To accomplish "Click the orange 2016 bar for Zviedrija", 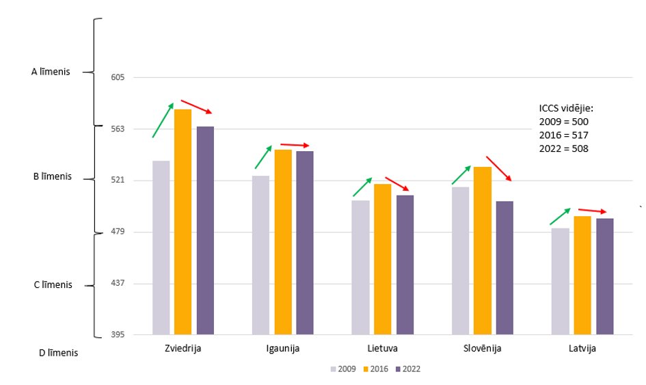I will coord(183,222).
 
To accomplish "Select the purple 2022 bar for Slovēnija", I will coord(504,268).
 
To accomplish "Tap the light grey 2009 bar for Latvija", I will coord(561,281).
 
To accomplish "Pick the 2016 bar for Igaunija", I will coord(283,242).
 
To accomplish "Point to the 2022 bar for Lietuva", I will coord(405,265).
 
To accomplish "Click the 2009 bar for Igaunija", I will coord(260,255).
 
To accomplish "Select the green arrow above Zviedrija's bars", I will coord(163,120).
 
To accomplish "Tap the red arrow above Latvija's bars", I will coord(592,211).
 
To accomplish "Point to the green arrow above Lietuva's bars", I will coord(362,187).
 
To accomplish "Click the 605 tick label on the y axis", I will coord(117,77).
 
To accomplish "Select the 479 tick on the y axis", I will coord(117,232).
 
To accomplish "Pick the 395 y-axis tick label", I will coord(117,335).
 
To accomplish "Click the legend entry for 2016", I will coord(375,369).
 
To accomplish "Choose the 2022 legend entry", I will coord(407,369).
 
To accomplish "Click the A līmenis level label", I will coord(51,71).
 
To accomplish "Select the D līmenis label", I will coord(58,354).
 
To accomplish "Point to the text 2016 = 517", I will coord(563,135).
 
